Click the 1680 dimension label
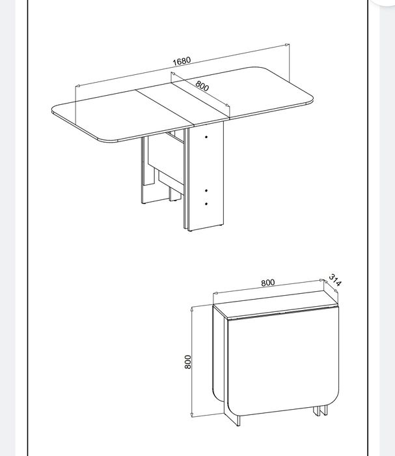pyautogui.click(x=182, y=61)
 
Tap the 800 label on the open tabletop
pyautogui.click(x=202, y=85)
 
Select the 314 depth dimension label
pyautogui.click(x=336, y=280)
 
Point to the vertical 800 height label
pyautogui.click(x=188, y=362)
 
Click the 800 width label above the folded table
pyautogui.click(x=268, y=283)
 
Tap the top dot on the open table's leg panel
pyautogui.click(x=206, y=137)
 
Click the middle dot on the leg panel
pyautogui.click(x=206, y=190)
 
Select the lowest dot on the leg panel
pyautogui.click(x=206, y=204)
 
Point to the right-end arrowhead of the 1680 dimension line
pyautogui.click(x=287, y=45)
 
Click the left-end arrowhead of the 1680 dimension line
pyautogui.click(x=77, y=86)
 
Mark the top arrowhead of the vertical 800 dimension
pyautogui.click(x=192, y=309)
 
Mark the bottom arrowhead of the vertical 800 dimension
pyautogui.click(x=192, y=414)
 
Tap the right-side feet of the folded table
pyautogui.click(x=320, y=410)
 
